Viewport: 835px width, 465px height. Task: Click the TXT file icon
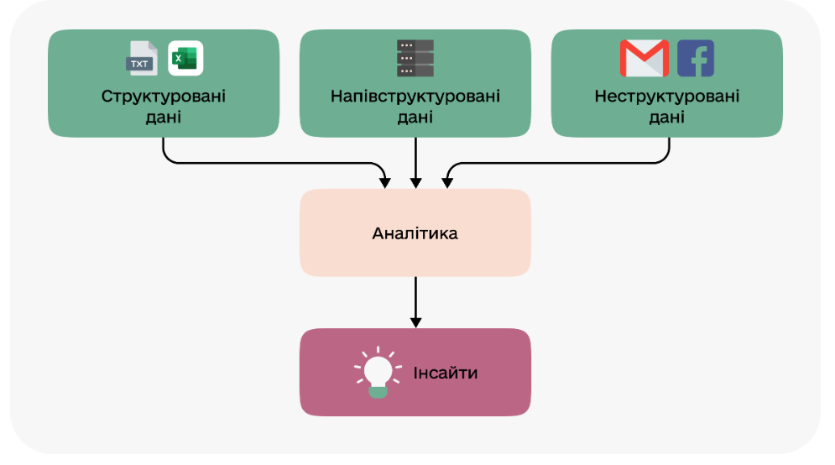coord(141,59)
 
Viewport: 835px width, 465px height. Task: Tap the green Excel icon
coord(185,59)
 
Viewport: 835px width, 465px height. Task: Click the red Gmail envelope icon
coord(644,59)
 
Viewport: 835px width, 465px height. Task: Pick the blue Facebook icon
coord(695,59)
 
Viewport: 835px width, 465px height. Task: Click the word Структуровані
coord(164,96)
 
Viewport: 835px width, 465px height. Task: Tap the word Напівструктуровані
coord(415,96)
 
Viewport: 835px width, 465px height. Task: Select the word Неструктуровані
coord(667,96)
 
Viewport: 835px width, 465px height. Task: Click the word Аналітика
coord(415,232)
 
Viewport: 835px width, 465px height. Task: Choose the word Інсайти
coord(445,372)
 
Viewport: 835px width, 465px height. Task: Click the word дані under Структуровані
coord(164,117)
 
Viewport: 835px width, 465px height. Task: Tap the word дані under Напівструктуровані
coord(415,117)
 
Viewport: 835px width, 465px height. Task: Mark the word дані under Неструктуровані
coord(667,117)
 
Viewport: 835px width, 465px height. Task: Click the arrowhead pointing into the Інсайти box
coord(415,322)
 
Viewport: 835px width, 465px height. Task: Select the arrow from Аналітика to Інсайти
coord(415,298)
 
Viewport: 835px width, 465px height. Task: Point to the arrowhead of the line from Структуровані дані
coord(384,182)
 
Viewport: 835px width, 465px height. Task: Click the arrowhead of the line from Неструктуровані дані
coord(446,182)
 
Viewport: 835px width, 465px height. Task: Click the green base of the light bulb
coord(378,390)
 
